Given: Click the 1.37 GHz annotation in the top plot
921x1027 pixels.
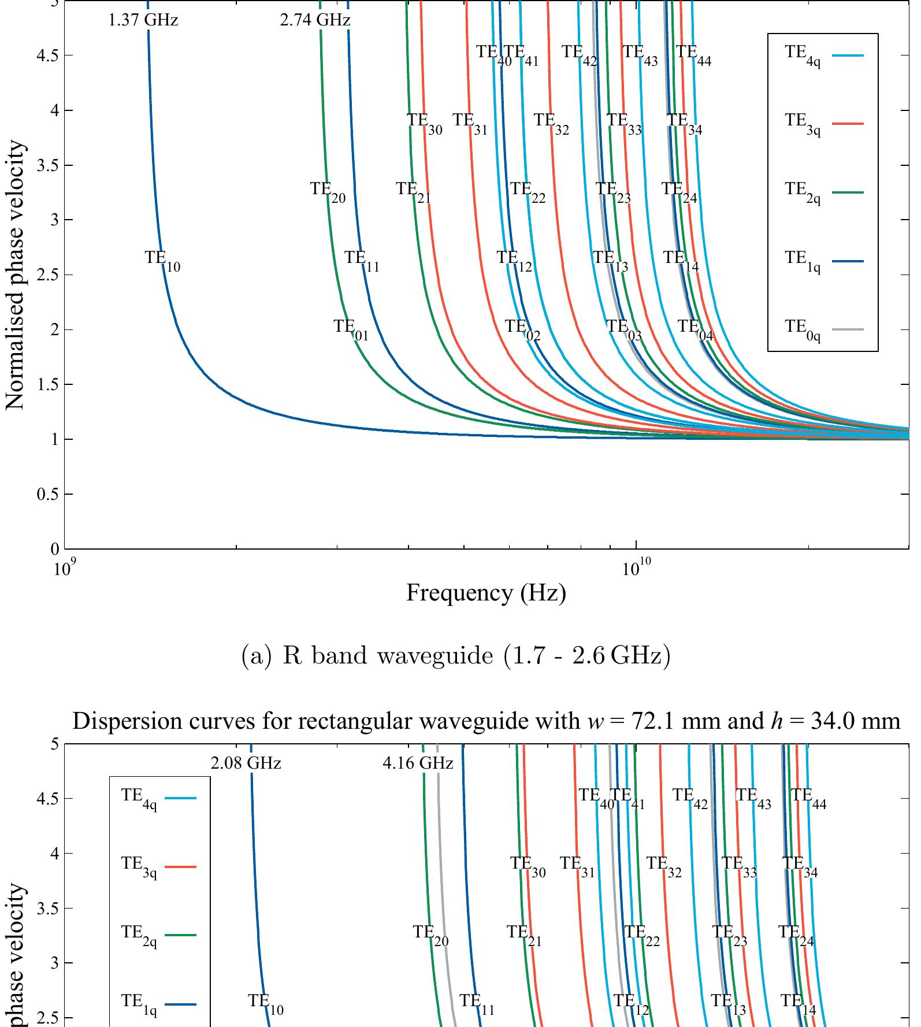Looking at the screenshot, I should coord(143,20).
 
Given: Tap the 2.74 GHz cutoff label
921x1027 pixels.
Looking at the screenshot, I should coord(315,20).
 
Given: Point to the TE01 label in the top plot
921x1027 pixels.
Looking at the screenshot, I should coord(351,329).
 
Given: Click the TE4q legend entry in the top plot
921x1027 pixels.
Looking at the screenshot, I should coord(823,55).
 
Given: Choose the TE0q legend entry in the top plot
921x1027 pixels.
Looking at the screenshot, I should coord(823,330).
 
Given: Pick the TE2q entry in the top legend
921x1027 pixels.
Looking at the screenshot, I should coord(823,192).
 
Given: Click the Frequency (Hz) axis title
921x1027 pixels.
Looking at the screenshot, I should coord(485,593).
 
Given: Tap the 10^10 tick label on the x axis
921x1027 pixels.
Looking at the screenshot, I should coord(636,569).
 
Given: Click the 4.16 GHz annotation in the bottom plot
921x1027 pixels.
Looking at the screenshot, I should coord(418,763).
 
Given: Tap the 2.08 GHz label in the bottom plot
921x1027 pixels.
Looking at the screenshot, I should coord(246,763).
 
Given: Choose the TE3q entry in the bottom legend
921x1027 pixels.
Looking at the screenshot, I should coord(157,867).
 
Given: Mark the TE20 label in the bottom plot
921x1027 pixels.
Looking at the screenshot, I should coord(430,935).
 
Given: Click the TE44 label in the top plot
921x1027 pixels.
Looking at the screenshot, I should coord(693,55).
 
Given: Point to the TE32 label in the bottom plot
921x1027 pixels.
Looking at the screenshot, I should coord(663,867).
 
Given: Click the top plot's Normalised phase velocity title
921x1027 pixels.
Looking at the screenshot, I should coord(16,275).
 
